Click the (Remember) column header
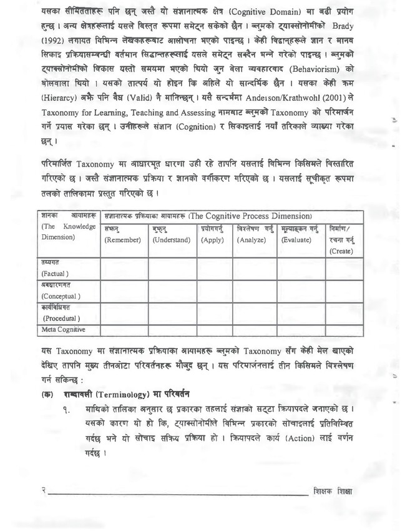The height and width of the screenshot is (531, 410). [x=123, y=240]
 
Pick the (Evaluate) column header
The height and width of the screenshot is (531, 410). [x=298, y=240]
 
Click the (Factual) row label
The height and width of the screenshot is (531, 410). [x=55, y=274]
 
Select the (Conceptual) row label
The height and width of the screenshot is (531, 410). [x=61, y=295]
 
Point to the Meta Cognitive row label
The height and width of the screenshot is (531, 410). [x=63, y=329]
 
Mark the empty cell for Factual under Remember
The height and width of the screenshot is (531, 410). [x=124, y=269]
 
